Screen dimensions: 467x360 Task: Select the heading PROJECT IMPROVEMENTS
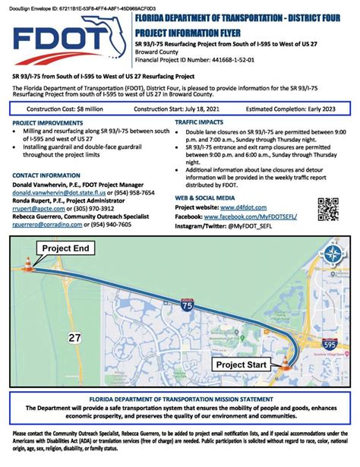49,121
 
